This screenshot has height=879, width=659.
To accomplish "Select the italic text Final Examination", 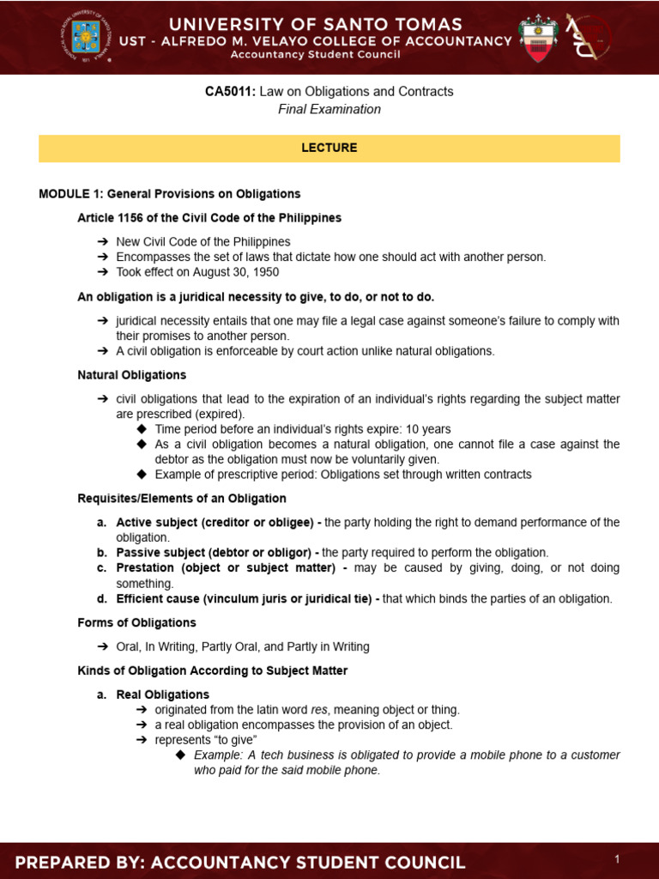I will pos(329,109).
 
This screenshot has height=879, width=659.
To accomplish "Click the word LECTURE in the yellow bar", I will pos(329,148).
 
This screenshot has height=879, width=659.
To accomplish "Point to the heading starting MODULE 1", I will pos(169,194).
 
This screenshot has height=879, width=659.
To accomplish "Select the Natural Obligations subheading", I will pos(131,375).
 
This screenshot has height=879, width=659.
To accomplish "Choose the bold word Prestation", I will pos(145,568).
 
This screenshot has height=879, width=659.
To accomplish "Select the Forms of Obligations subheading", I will pos(136,622).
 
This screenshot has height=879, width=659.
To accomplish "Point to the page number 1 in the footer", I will pos(616,859).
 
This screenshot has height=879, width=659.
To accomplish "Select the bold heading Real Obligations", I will pos(162,694).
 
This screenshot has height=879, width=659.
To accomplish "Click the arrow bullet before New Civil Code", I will pos(102,242).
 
